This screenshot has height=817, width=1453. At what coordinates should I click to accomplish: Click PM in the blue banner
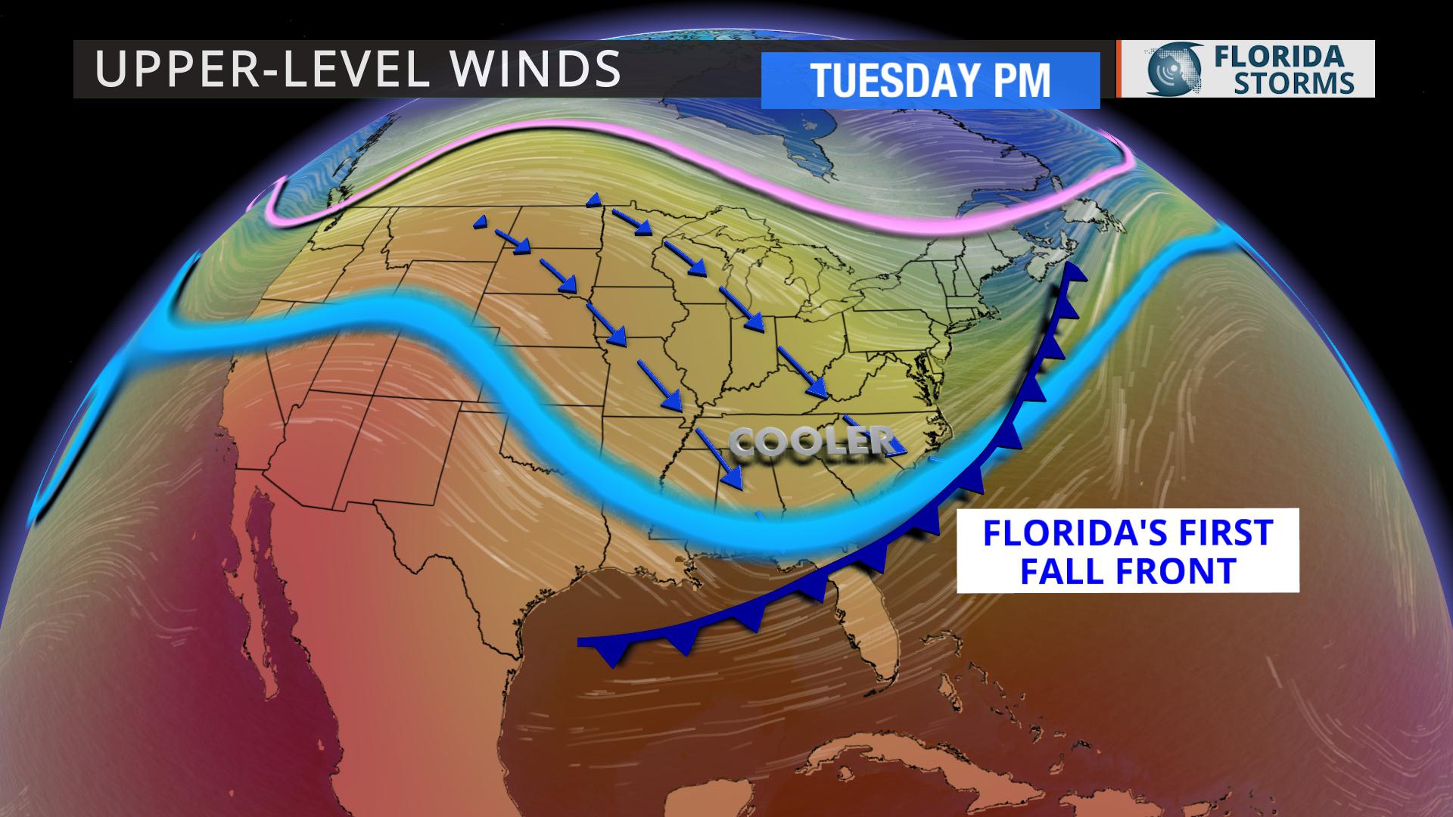[1021, 80]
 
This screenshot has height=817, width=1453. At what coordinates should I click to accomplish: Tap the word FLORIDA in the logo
[1287, 56]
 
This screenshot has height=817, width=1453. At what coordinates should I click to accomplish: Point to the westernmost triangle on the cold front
[612, 654]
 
